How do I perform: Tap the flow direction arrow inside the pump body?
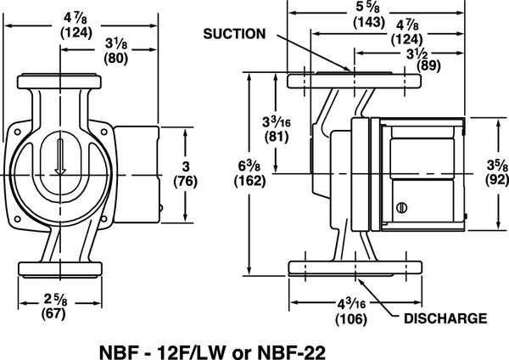59,157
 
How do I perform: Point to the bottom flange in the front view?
59,268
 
